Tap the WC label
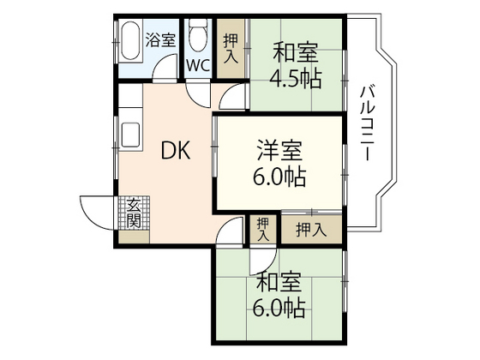pyautogui.click(x=197, y=64)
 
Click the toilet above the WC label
pyautogui.click(x=197, y=36)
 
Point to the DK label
pyautogui.click(x=177, y=151)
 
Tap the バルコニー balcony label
pyautogui.click(x=366, y=120)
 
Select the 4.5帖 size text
pyautogui.click(x=296, y=78)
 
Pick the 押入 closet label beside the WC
pyautogui.click(x=231, y=48)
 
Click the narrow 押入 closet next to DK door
pyautogui.click(x=263, y=229)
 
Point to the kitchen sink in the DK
pyautogui.click(x=132, y=135)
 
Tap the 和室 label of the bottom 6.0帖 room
pyautogui.click(x=279, y=281)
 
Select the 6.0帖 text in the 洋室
pyautogui.click(x=279, y=179)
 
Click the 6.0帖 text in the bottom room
pyautogui.click(x=279, y=306)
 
